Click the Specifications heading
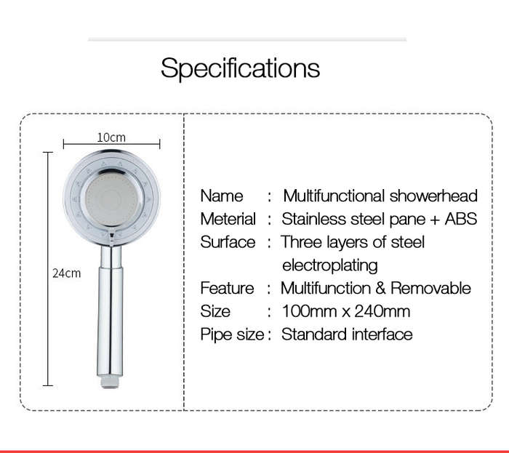click(x=240, y=68)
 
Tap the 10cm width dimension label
click(x=111, y=137)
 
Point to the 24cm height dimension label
click(x=67, y=273)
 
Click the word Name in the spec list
click(x=222, y=196)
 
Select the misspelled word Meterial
click(x=228, y=219)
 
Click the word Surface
click(x=228, y=242)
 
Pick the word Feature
click(x=227, y=288)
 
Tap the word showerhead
click(x=433, y=196)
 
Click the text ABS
click(x=461, y=219)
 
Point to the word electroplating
click(x=330, y=265)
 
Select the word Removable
click(x=430, y=288)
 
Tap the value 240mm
click(x=382, y=311)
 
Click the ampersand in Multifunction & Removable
click(x=381, y=288)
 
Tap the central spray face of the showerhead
click(x=111, y=199)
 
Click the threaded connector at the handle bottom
click(x=111, y=382)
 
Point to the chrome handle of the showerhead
click(x=111, y=311)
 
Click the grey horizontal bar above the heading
click(x=247, y=39)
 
